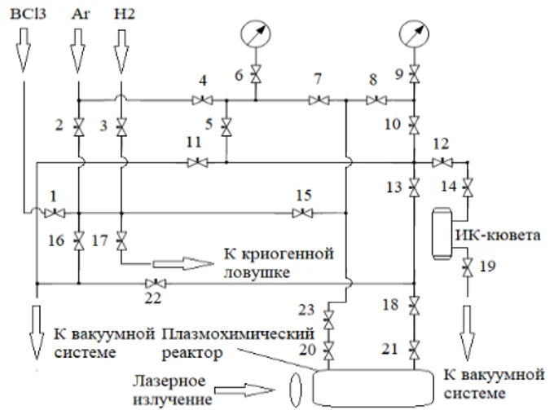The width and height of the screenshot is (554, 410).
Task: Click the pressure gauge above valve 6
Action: point(256,35)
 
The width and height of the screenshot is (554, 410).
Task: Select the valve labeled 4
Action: point(200,101)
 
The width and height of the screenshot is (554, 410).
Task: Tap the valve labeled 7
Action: point(316,101)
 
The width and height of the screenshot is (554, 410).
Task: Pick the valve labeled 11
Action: point(196,162)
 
